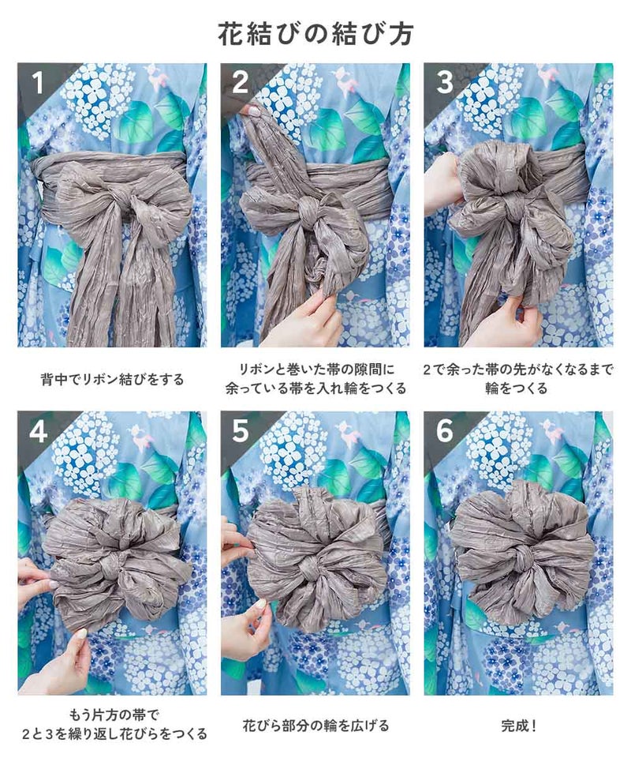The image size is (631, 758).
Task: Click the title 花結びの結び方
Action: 315,34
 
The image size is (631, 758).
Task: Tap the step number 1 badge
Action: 38,83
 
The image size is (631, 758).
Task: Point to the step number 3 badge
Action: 445,83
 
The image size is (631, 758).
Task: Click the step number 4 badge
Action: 38,431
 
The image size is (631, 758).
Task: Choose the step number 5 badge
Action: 241,431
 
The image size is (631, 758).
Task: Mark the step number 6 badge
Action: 445,431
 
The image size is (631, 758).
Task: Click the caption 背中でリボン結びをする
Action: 112,380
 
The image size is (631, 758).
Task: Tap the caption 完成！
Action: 519,726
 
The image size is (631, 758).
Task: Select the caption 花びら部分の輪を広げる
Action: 315,726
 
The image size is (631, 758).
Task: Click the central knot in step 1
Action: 118,206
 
